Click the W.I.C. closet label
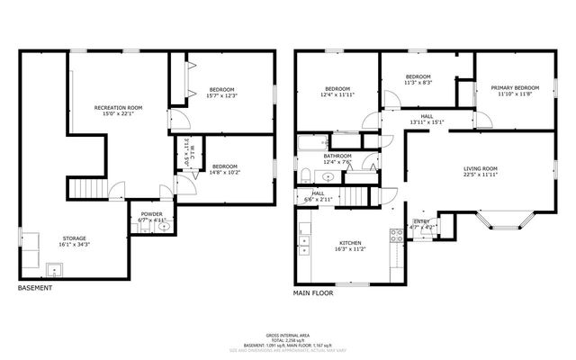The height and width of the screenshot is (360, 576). [186, 153]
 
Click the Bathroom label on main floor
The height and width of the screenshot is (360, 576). [337, 157]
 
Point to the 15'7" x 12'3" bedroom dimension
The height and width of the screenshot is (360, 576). [222, 96]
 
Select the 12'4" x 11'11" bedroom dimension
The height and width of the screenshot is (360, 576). [337, 94]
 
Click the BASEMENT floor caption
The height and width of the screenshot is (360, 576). [35, 288]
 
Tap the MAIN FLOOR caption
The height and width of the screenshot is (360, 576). [314, 293]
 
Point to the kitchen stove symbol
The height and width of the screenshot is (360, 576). [394, 236]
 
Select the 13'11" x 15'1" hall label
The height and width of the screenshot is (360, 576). [427, 121]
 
